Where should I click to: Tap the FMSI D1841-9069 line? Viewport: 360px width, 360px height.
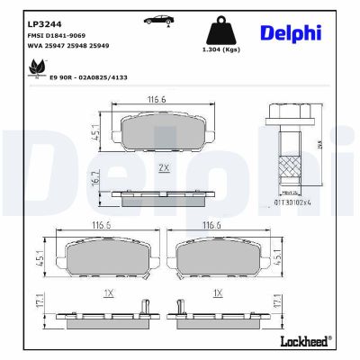click(58, 37)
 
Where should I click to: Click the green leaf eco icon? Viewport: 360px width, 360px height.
click(38, 66)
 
